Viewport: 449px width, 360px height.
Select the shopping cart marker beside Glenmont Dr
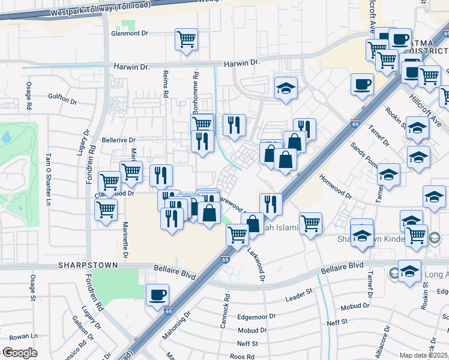click(x=187, y=40)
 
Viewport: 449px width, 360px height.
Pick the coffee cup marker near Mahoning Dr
click(x=157, y=295)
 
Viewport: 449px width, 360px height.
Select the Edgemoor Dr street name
click(x=256, y=316)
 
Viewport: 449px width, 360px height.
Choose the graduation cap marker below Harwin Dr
click(x=286, y=88)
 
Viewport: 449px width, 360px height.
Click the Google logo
click(x=20, y=353)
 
